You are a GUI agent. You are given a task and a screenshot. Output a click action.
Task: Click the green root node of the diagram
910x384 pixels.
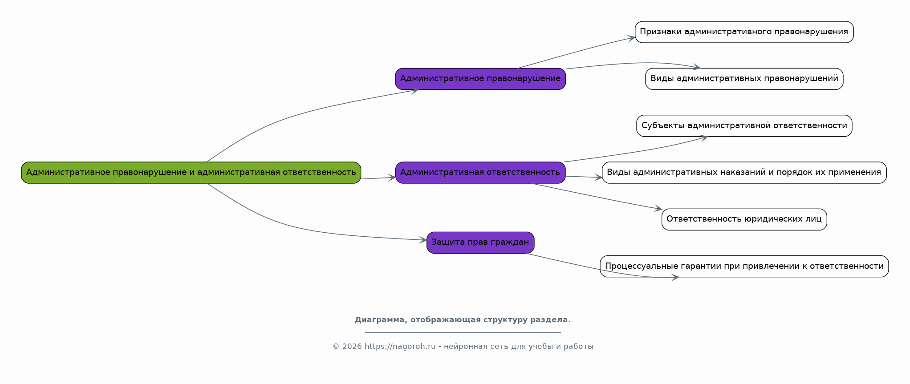click(x=191, y=173)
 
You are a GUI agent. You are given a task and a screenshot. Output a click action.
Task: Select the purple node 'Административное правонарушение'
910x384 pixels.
click(x=480, y=79)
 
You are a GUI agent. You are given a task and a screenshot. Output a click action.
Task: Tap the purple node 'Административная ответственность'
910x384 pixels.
click(x=480, y=173)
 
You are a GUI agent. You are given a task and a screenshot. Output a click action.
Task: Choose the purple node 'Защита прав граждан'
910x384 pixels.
click(x=480, y=243)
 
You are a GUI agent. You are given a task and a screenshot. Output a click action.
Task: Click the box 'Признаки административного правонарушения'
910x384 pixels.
click(x=744, y=32)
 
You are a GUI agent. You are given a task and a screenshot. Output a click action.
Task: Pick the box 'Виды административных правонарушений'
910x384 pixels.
click(x=744, y=79)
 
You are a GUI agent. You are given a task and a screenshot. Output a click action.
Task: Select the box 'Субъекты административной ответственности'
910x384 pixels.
click(x=744, y=126)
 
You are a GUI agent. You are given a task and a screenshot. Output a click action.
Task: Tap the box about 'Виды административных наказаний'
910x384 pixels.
click(x=744, y=173)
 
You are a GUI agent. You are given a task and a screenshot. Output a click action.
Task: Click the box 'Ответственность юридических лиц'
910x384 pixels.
click(x=744, y=219)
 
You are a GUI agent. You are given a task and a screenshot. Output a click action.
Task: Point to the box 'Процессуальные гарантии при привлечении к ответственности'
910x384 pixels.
click(x=744, y=267)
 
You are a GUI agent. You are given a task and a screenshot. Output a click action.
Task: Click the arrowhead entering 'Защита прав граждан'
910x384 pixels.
click(x=423, y=240)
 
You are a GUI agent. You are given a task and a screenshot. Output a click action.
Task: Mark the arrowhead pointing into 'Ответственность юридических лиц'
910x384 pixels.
click(x=658, y=209)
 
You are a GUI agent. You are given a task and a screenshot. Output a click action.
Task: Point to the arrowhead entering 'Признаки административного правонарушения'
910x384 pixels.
click(x=631, y=38)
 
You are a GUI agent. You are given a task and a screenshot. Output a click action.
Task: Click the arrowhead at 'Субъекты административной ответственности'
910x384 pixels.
click(x=704, y=138)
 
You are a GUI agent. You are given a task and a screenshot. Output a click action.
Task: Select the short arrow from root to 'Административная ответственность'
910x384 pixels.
click(x=378, y=178)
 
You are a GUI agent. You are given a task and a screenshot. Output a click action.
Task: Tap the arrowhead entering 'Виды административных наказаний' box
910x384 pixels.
click(x=598, y=178)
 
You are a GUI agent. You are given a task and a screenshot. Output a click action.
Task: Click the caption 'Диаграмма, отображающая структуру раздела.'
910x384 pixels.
click(x=463, y=320)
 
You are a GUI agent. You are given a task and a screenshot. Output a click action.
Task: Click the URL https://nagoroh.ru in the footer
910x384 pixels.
click(x=400, y=347)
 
